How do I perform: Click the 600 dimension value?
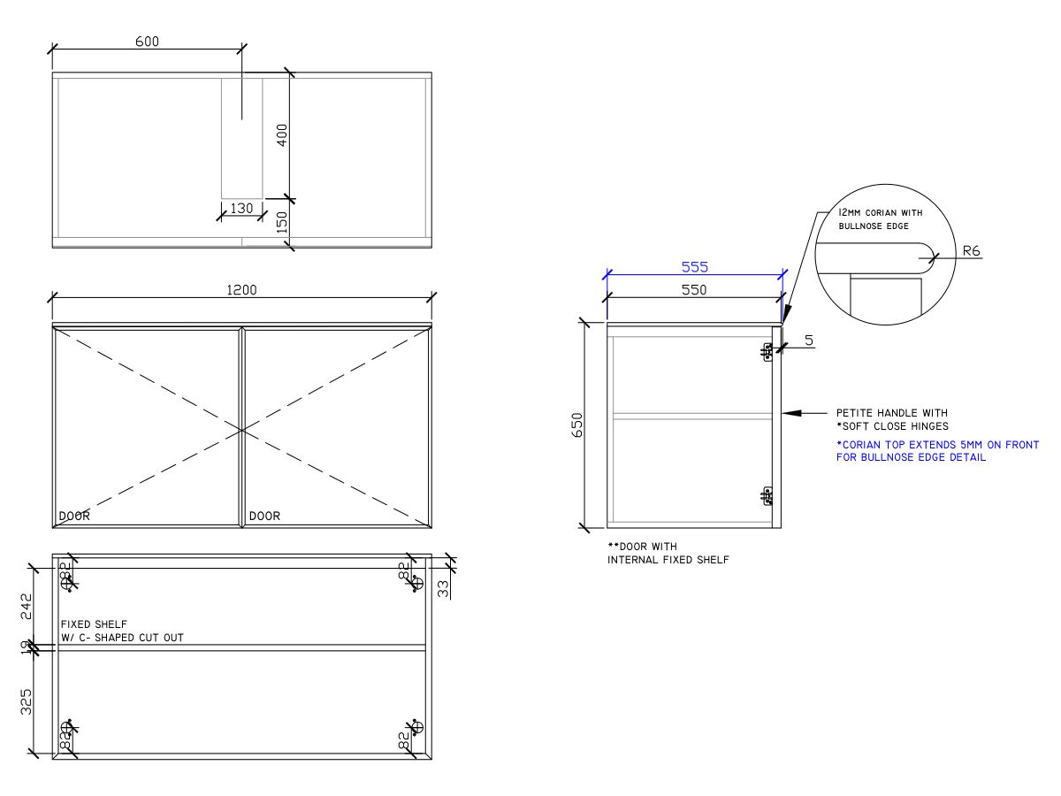pyautogui.click(x=149, y=42)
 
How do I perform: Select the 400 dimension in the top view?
pyautogui.click(x=282, y=135)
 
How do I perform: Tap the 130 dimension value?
pyautogui.click(x=241, y=209)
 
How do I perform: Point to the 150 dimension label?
pyautogui.click(x=282, y=223)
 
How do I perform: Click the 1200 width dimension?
pyautogui.click(x=241, y=290)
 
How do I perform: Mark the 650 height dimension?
pyautogui.click(x=578, y=425)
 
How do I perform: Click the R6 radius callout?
pyautogui.click(x=971, y=251)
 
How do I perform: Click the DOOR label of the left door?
pyautogui.click(x=74, y=516)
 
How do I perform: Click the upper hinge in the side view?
pyautogui.click(x=767, y=353)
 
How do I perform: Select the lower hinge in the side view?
pyautogui.click(x=767, y=495)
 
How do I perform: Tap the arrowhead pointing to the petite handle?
pyautogui.click(x=790, y=413)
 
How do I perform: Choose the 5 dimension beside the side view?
pyautogui.click(x=808, y=340)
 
